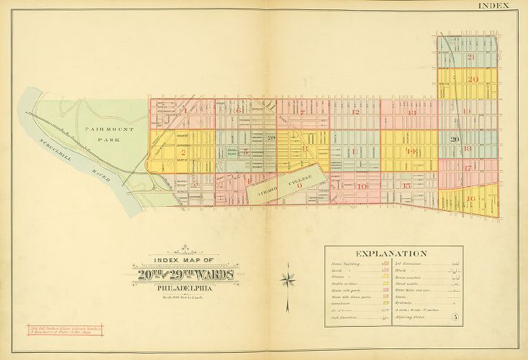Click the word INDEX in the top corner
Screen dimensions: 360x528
pyautogui.click(x=493, y=6)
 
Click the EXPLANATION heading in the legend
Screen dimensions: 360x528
pyautogui.click(x=391, y=253)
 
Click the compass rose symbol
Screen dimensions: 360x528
pyautogui.click(x=288, y=277)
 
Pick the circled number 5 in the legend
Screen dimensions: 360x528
pyautogui.click(x=454, y=318)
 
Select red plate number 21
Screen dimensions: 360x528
pyautogui.click(x=471, y=57)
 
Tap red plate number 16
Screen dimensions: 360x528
pyautogui.click(x=471, y=199)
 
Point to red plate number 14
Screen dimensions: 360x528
pyautogui.click(x=411, y=151)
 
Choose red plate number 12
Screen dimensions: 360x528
pyautogui.click(x=355, y=112)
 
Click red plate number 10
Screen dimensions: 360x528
pyautogui.click(x=362, y=186)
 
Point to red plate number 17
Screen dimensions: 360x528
pyautogui.click(x=468, y=168)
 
